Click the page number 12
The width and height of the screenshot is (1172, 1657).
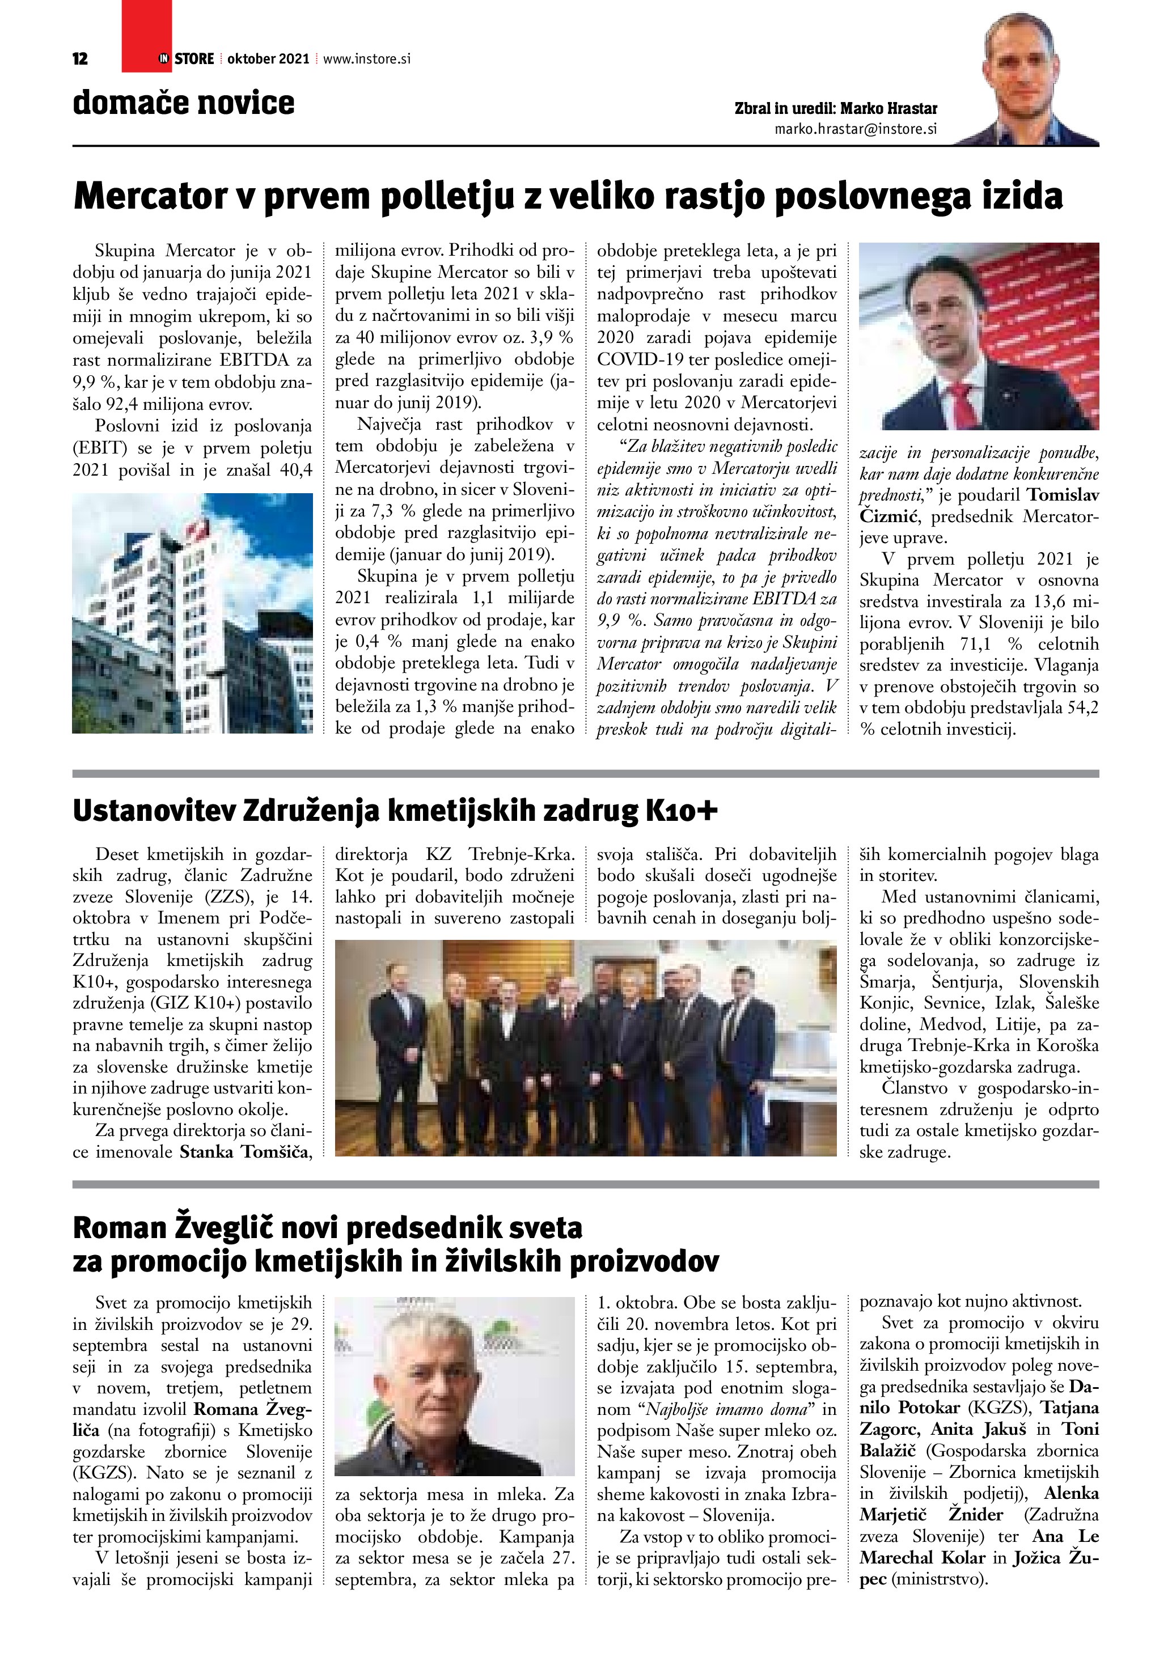[x=80, y=59]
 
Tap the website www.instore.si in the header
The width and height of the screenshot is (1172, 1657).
[x=367, y=59]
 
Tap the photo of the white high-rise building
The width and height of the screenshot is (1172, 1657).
[x=192, y=613]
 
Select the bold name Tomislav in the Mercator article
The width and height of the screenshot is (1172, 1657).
[x=1063, y=495]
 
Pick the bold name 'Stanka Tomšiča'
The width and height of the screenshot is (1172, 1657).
[x=246, y=1152]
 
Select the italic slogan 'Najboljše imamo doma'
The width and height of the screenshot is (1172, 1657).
[x=728, y=1409]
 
